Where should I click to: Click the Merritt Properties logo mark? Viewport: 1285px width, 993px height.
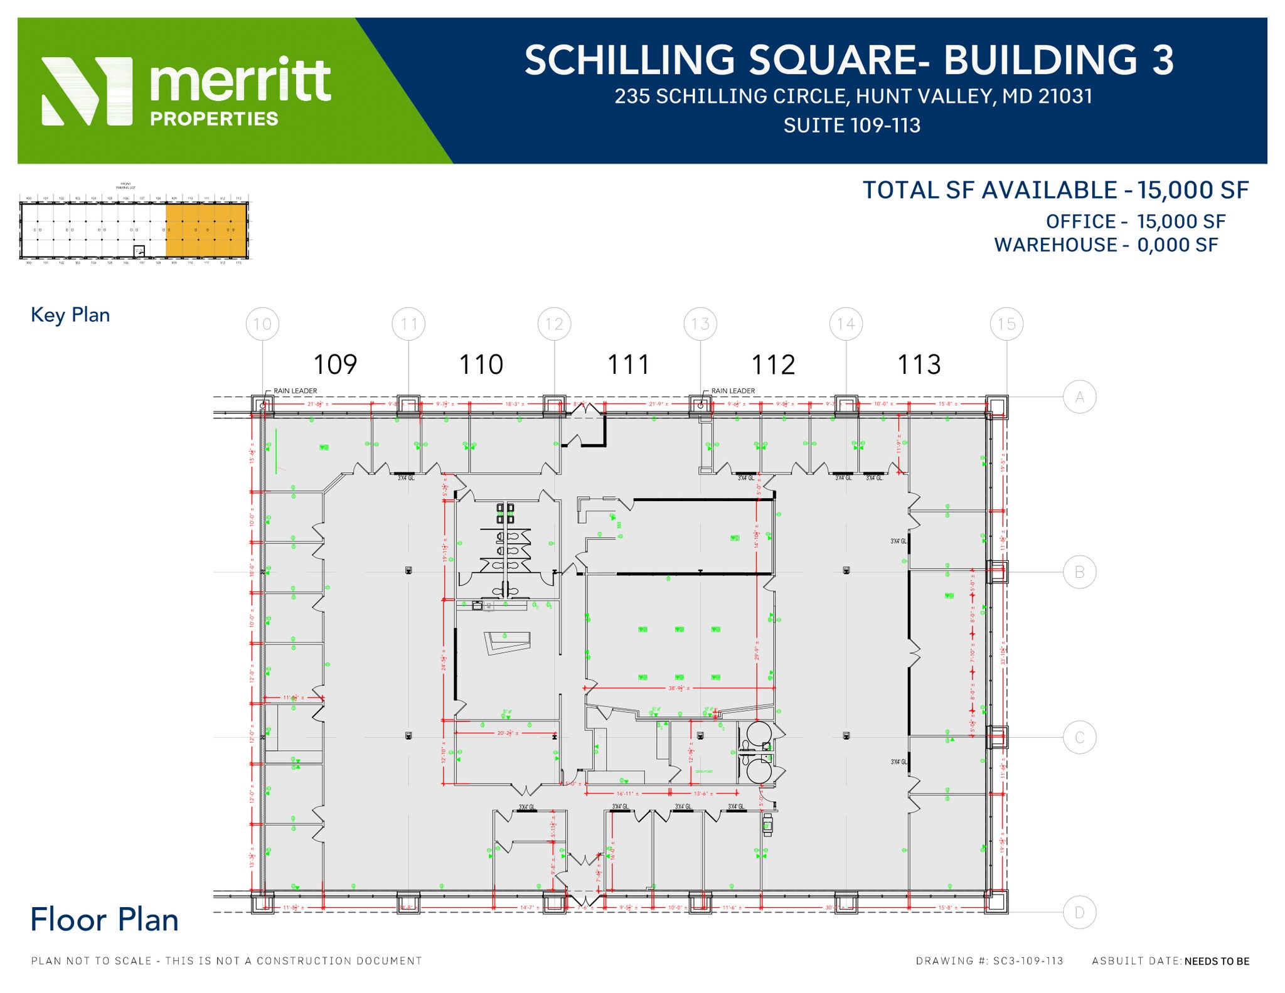tap(87, 91)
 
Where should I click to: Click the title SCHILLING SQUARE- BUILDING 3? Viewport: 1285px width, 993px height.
tap(849, 60)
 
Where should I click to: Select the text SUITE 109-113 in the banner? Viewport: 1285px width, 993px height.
tap(851, 125)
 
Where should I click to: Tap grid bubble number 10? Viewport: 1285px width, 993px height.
tap(262, 324)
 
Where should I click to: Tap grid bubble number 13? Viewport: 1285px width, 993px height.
tap(700, 324)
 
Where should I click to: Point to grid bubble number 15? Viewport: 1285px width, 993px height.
tap(1006, 324)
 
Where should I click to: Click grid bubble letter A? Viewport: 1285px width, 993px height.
tap(1079, 397)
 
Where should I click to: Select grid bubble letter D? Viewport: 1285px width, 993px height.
tap(1079, 912)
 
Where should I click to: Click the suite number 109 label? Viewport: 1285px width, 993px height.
tap(335, 364)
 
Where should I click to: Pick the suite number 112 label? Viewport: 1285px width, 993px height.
tap(773, 364)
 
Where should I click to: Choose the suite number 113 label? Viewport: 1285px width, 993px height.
tap(919, 364)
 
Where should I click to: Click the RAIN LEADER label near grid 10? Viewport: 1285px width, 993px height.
tap(295, 391)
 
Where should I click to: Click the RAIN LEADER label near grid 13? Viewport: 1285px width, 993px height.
tap(733, 391)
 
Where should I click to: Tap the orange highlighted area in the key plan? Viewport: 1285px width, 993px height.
tap(206, 230)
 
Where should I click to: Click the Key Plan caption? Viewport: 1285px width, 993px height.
tap(70, 315)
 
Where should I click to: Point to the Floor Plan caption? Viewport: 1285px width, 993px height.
tap(105, 920)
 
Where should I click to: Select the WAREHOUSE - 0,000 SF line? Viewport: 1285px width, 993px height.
tap(1106, 245)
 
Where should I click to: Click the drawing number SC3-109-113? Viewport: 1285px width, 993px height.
tap(1028, 960)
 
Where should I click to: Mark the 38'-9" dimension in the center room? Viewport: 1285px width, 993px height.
tap(679, 688)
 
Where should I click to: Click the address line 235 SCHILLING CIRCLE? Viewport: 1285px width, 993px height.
tap(853, 96)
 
